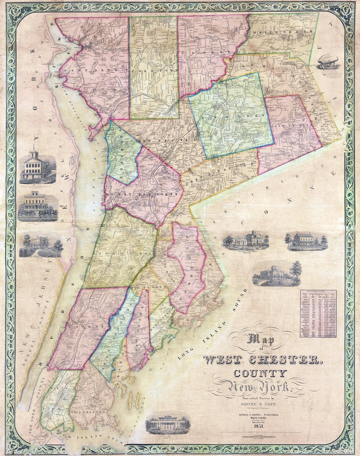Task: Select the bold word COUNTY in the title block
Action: tap(256, 374)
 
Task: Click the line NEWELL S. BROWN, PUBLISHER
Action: tap(256, 415)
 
